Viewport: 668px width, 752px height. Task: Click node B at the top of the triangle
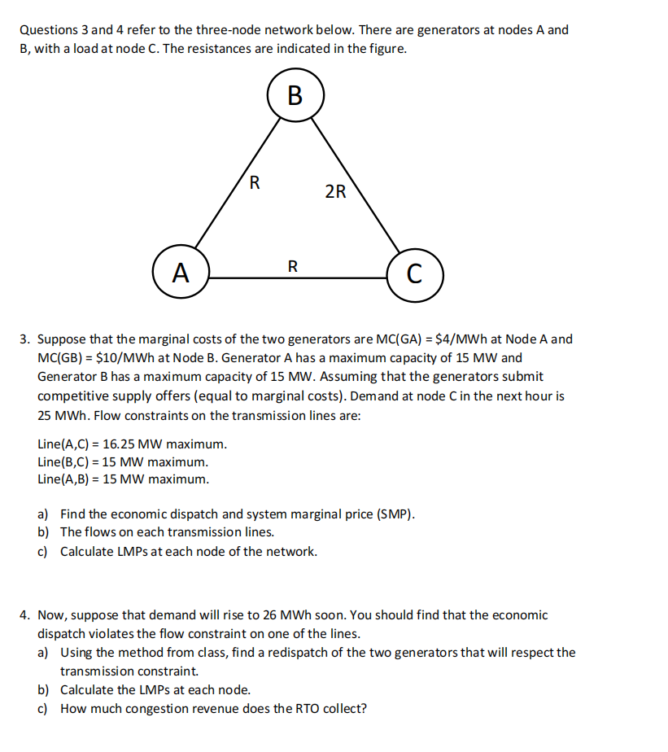295,95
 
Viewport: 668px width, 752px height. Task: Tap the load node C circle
415,273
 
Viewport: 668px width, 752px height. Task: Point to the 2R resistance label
335,192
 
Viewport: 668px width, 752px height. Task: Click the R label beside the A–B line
255,182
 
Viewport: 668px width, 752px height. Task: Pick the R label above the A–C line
293,265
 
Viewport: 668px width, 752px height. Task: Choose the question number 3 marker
24,339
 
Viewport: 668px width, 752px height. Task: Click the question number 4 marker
24,615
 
